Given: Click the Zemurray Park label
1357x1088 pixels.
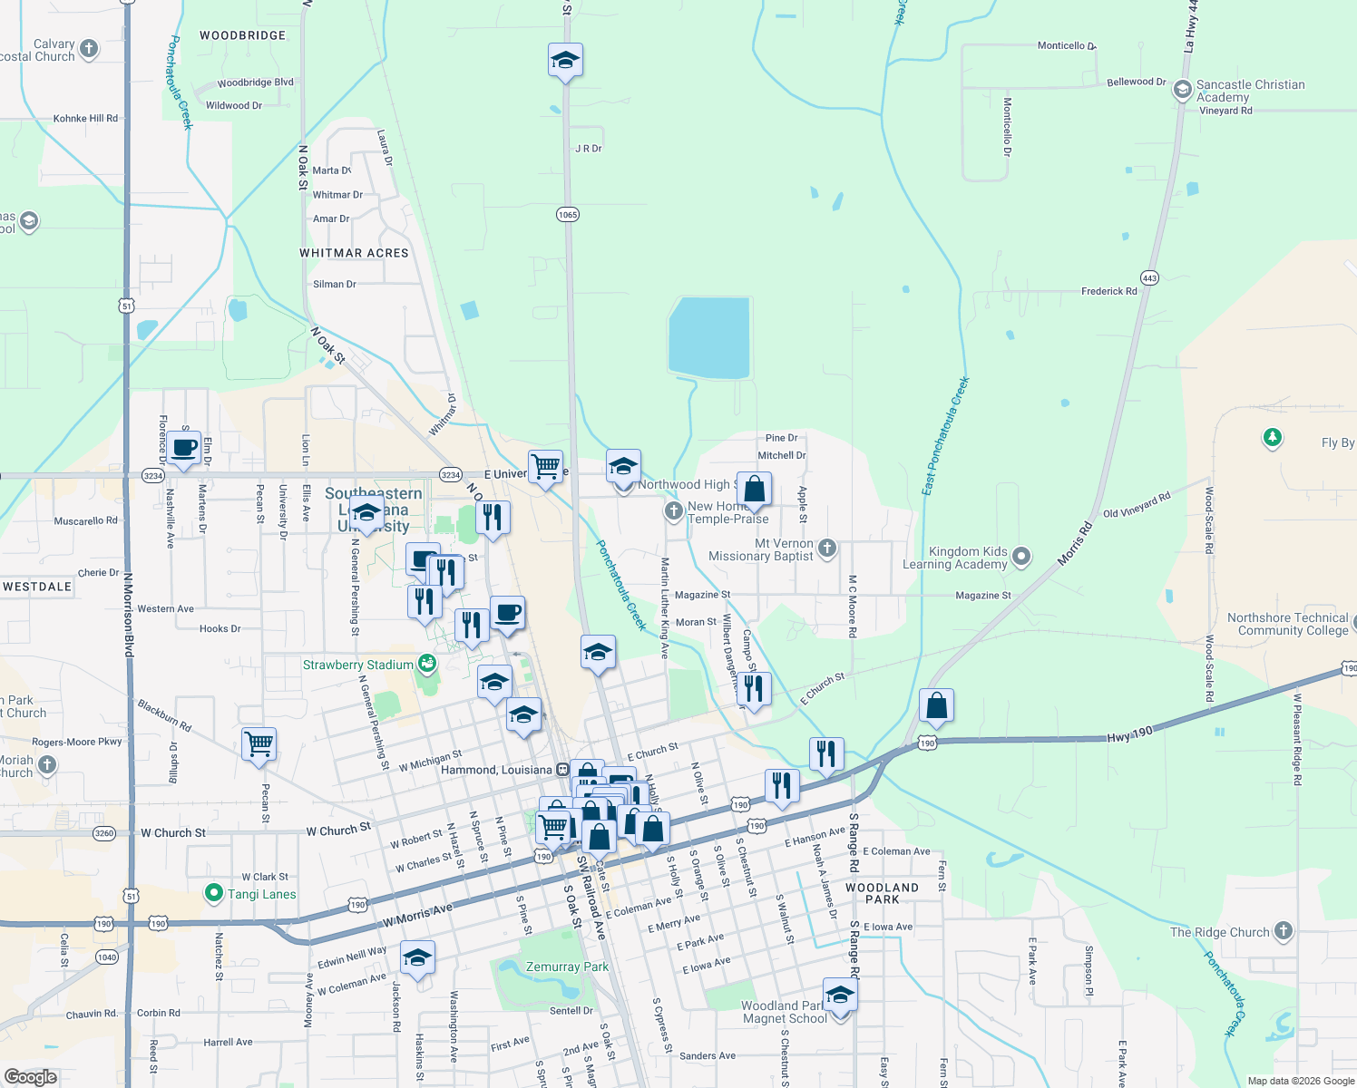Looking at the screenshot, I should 567,967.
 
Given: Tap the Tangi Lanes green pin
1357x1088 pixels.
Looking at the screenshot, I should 213,893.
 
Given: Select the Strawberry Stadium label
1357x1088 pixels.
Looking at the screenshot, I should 357,665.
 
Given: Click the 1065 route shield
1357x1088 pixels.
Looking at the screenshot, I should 568,215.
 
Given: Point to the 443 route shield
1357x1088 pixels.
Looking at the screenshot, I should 1149,277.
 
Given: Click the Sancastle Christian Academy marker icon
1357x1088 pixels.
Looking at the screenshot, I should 1182,89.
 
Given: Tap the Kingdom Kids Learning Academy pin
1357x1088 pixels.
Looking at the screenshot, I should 1021,557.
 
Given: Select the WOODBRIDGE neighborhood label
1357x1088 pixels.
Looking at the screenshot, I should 242,35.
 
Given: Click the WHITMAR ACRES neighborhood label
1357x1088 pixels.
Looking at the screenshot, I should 354,253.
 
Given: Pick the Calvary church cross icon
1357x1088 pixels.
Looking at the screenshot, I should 88,48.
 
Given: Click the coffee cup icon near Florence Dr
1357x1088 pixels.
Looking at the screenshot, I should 184,448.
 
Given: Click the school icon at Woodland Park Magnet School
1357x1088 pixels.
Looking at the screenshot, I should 840,995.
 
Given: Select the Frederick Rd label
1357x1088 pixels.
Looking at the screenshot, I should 1108,291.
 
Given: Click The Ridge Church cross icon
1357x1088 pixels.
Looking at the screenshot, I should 1283,930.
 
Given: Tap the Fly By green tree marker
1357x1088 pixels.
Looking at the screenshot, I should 1273,439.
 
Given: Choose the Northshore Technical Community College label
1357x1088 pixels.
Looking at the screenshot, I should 1287,624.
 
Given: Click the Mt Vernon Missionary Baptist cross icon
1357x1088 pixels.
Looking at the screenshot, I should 826,548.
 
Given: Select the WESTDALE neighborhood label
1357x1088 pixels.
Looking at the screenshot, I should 37,587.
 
